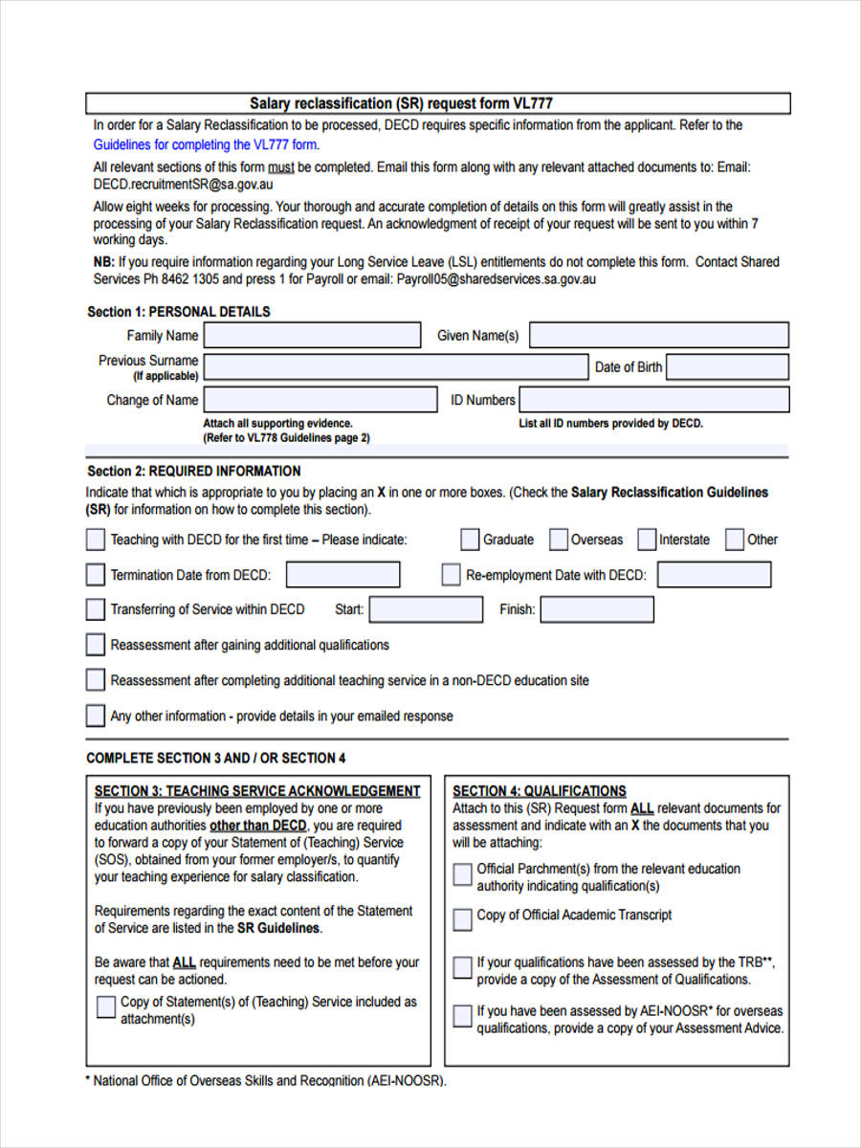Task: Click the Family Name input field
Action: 312,335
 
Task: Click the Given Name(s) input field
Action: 659,335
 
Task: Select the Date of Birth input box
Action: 727,367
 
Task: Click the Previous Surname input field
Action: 396,367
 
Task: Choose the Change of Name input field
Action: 312,400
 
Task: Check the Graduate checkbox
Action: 470,540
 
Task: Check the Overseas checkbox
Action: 559,540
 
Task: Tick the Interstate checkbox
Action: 647,540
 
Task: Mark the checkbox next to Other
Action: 734,540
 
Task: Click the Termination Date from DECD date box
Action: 342,575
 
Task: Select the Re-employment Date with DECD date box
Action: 714,575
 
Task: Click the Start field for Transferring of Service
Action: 426,609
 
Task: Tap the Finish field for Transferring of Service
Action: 597,609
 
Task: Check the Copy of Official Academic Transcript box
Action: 462,919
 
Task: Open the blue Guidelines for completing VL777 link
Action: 205,145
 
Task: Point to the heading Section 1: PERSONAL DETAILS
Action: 179,312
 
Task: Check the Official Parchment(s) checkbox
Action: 462,873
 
